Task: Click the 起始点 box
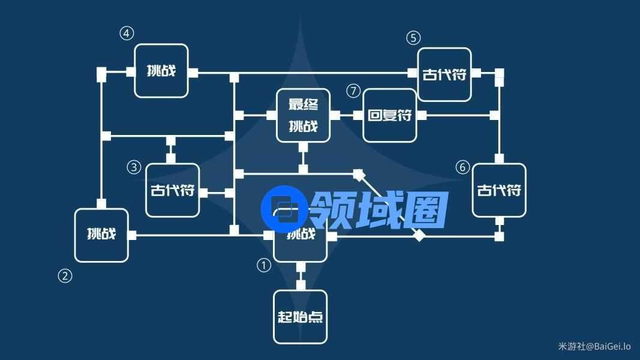301,317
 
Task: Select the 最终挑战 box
304,115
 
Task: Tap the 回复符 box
390,115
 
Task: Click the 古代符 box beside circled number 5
444,75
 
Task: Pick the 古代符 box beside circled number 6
499,190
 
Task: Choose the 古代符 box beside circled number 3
173,190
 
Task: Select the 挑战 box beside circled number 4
161,71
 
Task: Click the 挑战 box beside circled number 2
101,235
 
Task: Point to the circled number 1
264,265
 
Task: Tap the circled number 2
65,276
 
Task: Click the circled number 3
134,167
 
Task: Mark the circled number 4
126,34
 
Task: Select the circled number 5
413,38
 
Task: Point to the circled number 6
462,167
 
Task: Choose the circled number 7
353,91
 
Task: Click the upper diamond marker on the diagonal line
359,175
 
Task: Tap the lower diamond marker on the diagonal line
419,236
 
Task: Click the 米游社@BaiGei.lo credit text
594,346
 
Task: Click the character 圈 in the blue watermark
425,211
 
